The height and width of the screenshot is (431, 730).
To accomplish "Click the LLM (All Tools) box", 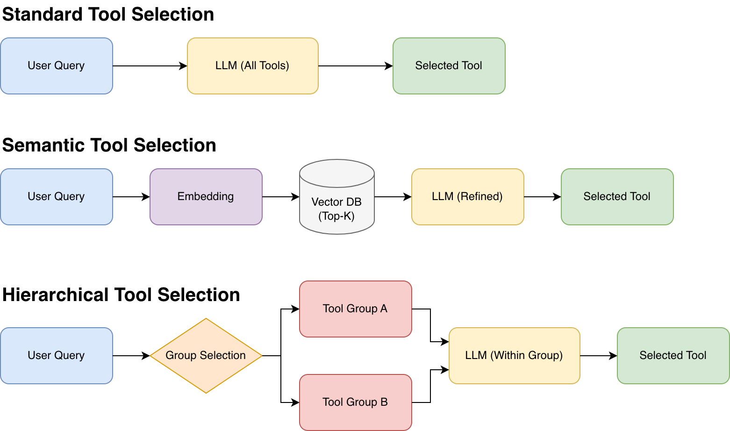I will click(252, 66).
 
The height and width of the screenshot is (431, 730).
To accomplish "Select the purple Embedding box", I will click(206, 197).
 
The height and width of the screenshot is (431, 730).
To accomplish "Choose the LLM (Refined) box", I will click(467, 197).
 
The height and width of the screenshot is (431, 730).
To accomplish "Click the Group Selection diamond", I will click(206, 356).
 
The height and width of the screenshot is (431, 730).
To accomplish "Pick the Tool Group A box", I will click(355, 309).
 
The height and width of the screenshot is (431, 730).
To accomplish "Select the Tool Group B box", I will click(355, 402).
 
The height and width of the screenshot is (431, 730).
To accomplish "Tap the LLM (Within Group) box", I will click(514, 356).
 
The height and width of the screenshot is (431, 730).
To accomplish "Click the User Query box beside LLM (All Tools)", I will click(56, 66).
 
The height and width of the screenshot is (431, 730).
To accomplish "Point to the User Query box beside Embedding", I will click(56, 197).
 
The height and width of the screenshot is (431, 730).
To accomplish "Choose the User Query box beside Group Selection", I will click(56, 356).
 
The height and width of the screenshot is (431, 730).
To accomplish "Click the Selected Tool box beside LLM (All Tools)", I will click(449, 66).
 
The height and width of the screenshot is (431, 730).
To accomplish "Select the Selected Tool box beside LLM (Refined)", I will click(617, 197).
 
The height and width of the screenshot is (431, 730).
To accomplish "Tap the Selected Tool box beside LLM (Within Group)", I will click(673, 356).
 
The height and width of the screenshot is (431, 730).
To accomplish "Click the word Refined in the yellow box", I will click(481, 197).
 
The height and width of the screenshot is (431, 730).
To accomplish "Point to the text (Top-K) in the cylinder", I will click(336, 216).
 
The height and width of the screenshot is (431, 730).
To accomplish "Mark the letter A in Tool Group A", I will click(384, 309).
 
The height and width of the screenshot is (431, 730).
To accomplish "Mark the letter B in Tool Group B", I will click(384, 402).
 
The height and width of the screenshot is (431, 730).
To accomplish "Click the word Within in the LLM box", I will click(507, 355).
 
